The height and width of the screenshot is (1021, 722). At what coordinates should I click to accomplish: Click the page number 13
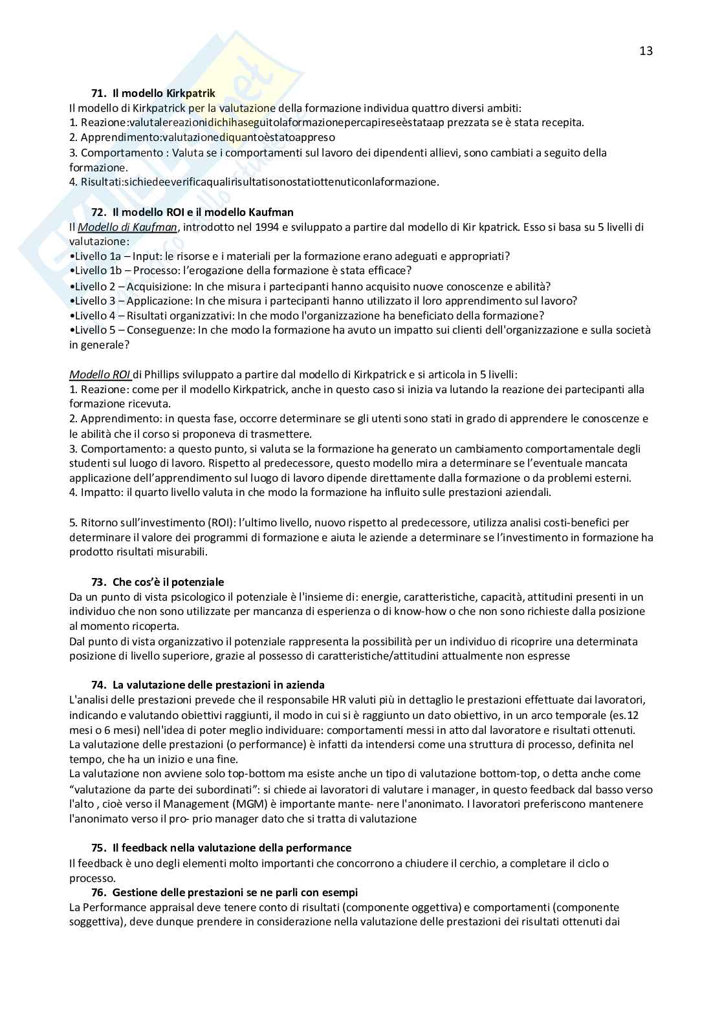tap(646, 51)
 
